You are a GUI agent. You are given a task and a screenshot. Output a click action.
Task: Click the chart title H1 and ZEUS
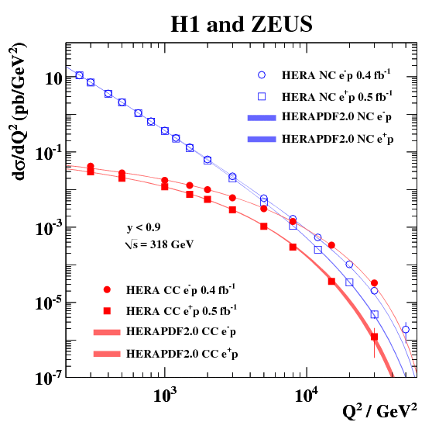click(242, 25)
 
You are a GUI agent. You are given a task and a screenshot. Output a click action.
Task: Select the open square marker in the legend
click(262, 96)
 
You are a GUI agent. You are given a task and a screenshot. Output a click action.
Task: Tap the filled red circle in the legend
click(108, 290)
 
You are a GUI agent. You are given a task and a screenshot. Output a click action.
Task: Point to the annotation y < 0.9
click(144, 228)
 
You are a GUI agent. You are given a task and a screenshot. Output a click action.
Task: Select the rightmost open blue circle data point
click(405, 330)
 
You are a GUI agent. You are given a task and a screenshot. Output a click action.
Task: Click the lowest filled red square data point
click(374, 337)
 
